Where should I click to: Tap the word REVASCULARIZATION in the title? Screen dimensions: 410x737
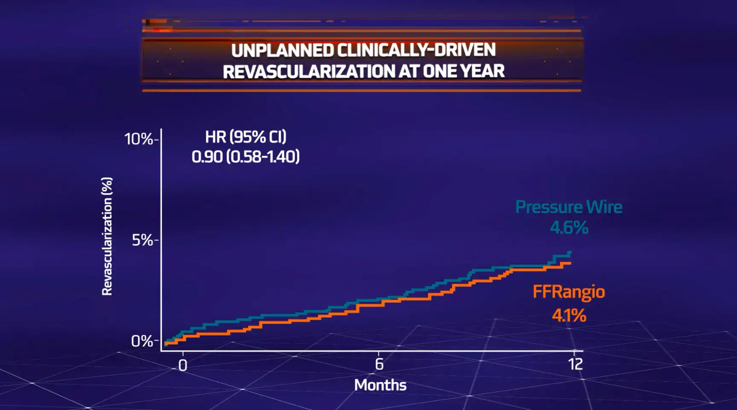(309, 71)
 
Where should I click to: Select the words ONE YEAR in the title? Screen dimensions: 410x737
(464, 71)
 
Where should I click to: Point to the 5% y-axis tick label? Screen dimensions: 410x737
(142, 240)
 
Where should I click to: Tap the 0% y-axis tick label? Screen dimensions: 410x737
(142, 341)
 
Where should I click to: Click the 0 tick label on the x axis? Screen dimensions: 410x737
(183, 365)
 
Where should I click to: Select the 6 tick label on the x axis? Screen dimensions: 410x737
(379, 364)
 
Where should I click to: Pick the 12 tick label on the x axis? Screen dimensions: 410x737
(575, 364)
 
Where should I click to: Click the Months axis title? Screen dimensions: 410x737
(380, 385)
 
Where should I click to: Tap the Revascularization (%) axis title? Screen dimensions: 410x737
(107, 236)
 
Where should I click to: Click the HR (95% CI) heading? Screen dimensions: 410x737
(246, 137)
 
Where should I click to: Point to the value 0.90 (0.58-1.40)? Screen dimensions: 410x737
(246, 157)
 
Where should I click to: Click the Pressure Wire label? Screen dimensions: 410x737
(569, 207)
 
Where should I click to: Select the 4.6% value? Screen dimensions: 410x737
(569, 228)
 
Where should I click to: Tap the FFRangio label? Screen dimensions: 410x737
(569, 292)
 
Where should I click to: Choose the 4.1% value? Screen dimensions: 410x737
(569, 316)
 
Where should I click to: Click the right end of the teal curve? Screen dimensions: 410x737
(570, 252)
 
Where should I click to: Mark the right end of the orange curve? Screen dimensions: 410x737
(570, 264)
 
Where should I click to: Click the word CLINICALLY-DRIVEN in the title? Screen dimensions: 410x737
(416, 50)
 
